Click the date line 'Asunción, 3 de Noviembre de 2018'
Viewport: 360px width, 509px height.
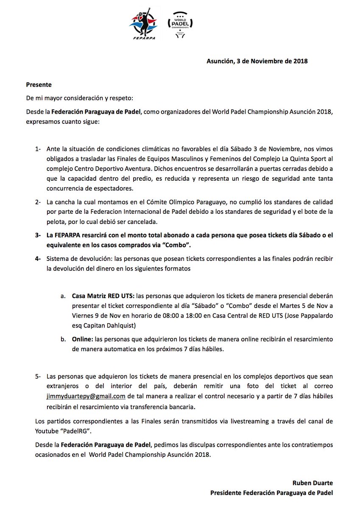[257, 61]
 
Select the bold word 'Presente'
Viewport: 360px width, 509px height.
[39, 85]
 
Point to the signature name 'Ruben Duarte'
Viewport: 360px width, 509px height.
[313, 483]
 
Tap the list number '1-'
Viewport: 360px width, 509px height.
[39, 149]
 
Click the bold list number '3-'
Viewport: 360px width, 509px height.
[39, 235]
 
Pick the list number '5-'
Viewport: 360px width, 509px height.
[39, 377]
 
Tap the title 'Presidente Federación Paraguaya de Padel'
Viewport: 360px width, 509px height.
[271, 492]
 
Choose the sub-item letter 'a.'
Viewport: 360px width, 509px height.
[63, 295]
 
